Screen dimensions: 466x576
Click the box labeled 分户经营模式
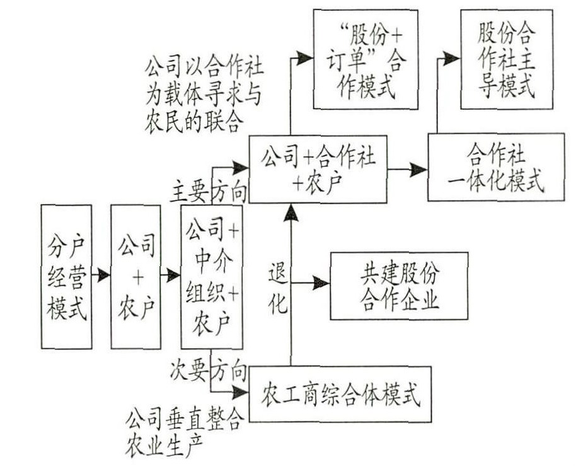[x=66, y=276]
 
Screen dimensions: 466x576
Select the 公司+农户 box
[x=135, y=276]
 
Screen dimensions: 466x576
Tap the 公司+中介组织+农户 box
[x=211, y=276]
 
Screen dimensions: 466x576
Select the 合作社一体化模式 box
[x=495, y=167]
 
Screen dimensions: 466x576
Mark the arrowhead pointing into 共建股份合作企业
[x=321, y=281]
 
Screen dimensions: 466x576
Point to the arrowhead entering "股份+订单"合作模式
[x=306, y=59]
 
